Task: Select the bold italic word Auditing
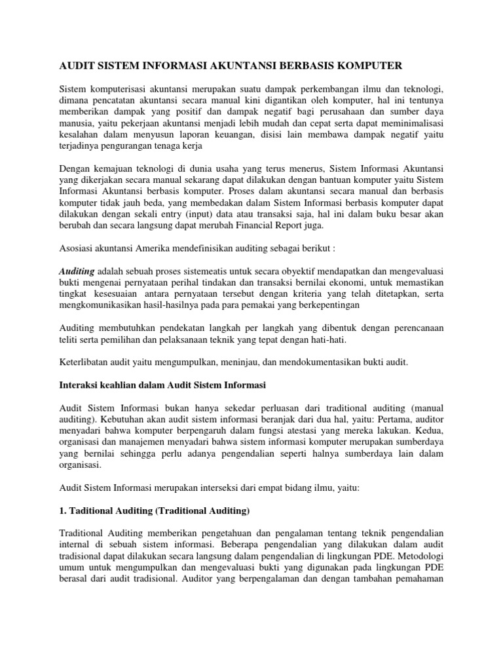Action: [x=77, y=270]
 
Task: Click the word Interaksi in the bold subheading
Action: [x=80, y=386]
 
